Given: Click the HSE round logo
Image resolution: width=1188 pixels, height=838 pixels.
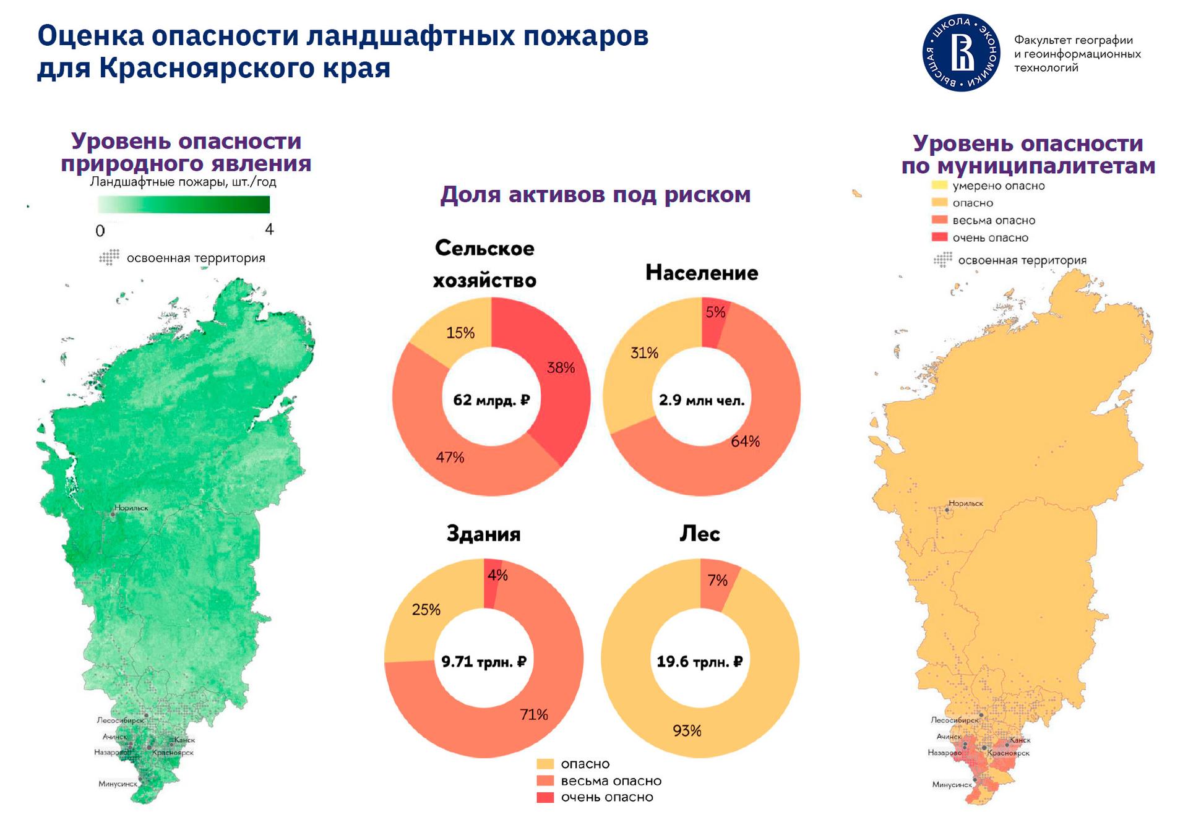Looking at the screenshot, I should tap(961, 53).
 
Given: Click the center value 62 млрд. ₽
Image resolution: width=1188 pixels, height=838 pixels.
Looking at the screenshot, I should tap(491, 400).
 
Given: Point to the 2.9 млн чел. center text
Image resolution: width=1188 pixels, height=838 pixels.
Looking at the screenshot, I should tap(702, 400).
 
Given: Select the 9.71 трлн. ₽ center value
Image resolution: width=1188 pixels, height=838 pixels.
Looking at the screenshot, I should tap(484, 662).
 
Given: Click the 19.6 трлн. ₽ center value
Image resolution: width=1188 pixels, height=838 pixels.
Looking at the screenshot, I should tap(700, 662).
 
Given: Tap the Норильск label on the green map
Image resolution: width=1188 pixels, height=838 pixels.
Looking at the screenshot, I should tap(132, 508).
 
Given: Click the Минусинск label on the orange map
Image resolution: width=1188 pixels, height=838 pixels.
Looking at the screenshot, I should tap(952, 784).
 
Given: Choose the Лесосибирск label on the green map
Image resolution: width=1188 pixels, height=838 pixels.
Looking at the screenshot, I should tap(120, 720).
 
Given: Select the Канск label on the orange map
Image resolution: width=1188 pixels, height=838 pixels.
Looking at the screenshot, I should tap(1020, 740).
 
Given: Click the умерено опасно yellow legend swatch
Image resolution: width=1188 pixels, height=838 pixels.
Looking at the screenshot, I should tap(939, 185).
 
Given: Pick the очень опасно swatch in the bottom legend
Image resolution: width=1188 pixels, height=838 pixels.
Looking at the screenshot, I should tap(544, 797).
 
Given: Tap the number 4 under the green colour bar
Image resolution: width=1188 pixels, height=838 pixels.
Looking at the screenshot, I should tap(269, 229).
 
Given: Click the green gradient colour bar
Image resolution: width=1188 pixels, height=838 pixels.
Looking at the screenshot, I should tap(184, 204).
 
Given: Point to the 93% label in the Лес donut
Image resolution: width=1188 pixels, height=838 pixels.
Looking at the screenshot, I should tap(687, 730).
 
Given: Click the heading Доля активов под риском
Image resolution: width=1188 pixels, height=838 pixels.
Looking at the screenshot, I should tap(595, 195).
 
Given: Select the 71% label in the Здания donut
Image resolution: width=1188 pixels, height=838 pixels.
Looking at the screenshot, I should tap(534, 714).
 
